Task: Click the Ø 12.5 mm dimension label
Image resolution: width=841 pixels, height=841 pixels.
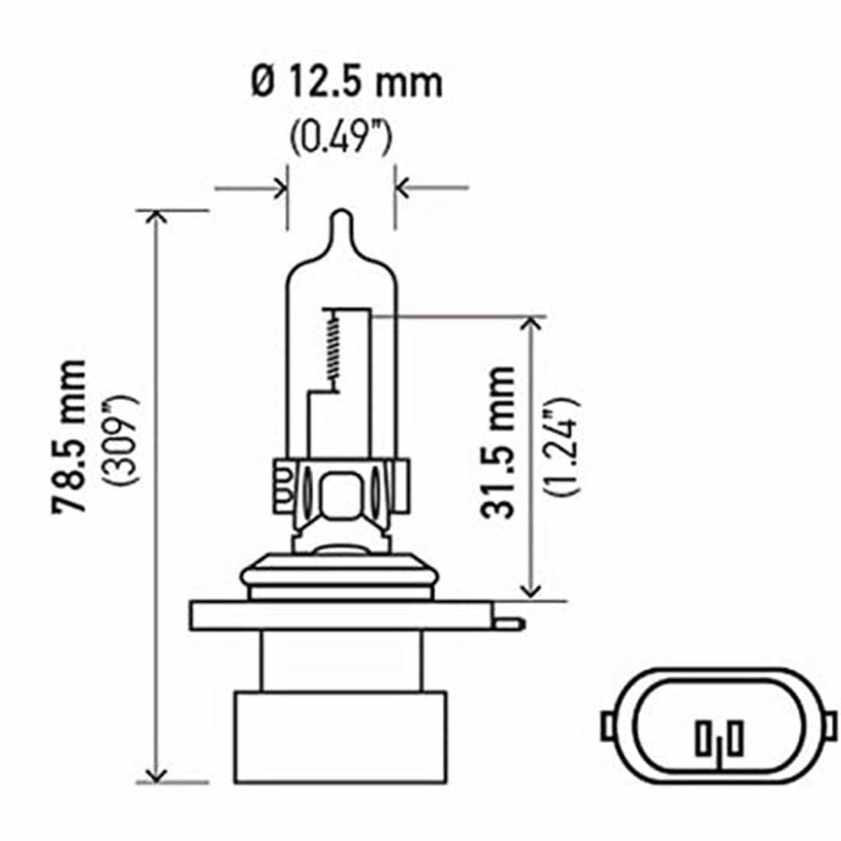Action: click(x=346, y=83)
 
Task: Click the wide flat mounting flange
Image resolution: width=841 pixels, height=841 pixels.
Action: click(x=343, y=615)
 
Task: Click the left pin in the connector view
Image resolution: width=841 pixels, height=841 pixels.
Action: click(x=706, y=736)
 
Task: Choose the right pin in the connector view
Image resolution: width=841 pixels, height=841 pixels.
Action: click(x=736, y=736)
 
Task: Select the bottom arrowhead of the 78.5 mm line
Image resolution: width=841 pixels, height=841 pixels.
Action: click(x=157, y=775)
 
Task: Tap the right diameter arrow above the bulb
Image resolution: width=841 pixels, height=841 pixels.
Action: click(x=406, y=188)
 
